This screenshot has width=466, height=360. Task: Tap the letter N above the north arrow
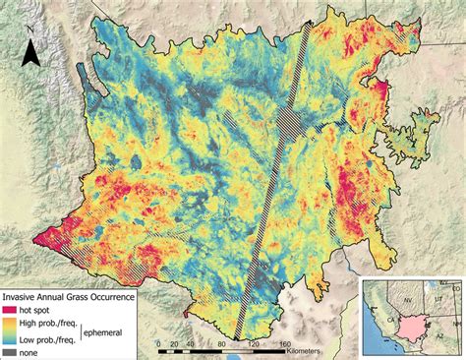click(x=31, y=30)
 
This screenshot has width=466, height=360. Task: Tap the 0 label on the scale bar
click(x=159, y=344)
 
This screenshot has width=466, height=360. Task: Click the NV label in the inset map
click(x=404, y=292)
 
